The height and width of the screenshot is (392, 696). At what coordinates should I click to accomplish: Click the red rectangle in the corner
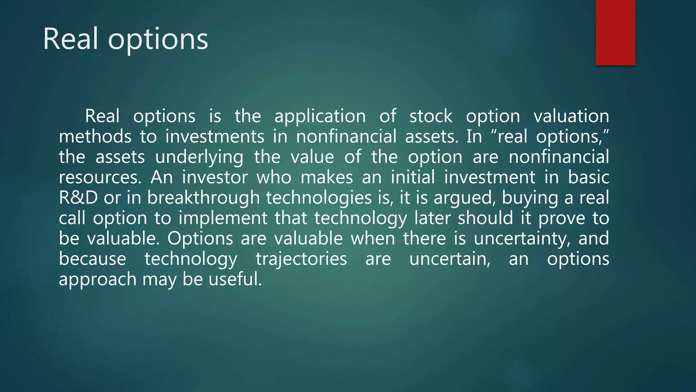pyautogui.click(x=615, y=33)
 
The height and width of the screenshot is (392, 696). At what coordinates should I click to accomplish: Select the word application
pyautogui.click(x=320, y=117)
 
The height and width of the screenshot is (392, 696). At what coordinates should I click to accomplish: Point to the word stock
pyautogui.click(x=431, y=116)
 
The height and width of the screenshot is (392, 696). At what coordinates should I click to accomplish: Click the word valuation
pyautogui.click(x=571, y=116)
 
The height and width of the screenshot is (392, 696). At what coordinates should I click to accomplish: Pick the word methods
pyautogui.click(x=95, y=137)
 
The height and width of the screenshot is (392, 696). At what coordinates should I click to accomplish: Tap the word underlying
pyautogui.click(x=199, y=158)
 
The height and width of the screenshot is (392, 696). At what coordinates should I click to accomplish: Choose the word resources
pyautogui.click(x=100, y=178)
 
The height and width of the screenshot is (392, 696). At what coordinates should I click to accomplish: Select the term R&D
pyautogui.click(x=78, y=198)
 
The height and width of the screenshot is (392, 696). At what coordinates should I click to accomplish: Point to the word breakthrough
pyautogui.click(x=203, y=198)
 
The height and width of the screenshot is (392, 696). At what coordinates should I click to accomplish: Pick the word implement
pyautogui.click(x=223, y=218)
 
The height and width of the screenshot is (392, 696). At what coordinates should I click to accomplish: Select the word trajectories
pyautogui.click(x=301, y=259)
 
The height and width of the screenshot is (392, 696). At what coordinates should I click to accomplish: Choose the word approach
pyautogui.click(x=98, y=280)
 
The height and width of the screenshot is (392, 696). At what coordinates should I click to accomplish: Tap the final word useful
pyautogui.click(x=235, y=279)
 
